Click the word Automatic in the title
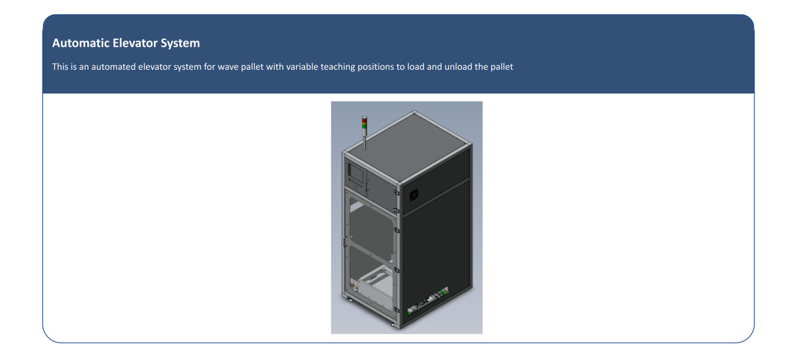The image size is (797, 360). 81,43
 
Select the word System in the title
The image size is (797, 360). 180,44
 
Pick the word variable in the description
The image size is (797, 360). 302,67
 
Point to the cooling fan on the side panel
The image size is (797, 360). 414,195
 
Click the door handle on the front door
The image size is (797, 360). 345,242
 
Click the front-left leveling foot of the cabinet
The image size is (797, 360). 350,300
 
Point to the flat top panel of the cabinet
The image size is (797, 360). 409,146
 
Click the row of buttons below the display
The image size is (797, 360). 356,184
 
